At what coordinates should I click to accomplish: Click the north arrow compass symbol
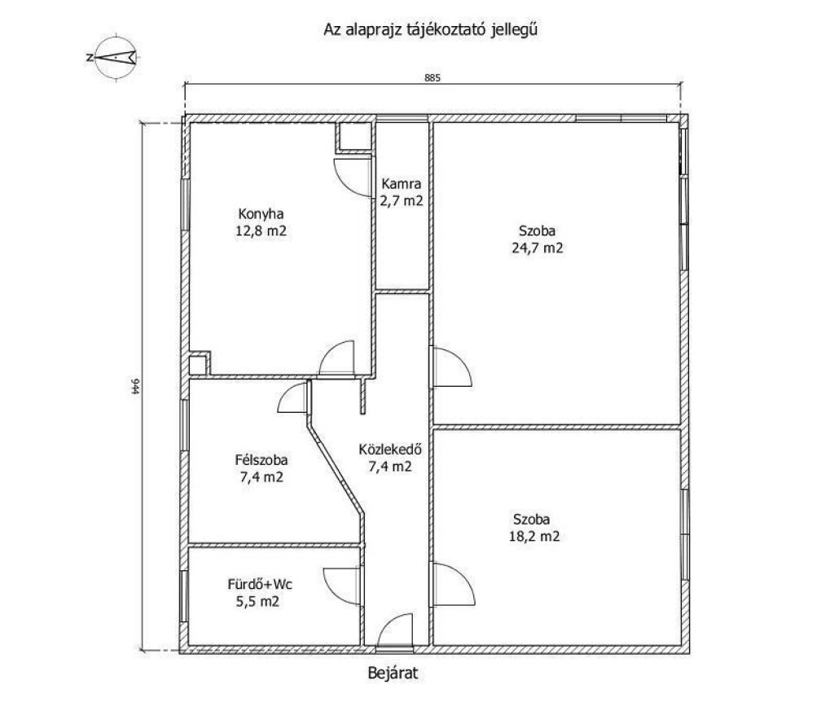pos(115,58)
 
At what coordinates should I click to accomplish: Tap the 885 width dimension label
pos(432,78)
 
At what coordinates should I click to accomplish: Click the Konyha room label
pos(261,214)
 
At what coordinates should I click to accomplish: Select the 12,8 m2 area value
pos(261,231)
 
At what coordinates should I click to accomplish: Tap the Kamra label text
pos(402,184)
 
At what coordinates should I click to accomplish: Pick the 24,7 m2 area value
pos(538,248)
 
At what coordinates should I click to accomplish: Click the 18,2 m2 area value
pos(534,537)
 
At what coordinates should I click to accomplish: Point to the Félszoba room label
pos(261,460)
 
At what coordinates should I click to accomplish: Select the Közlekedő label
pos(390,450)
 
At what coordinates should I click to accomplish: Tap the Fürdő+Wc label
pos(260,585)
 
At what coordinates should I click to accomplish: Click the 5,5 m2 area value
pos(258,602)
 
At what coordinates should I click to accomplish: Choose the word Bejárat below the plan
pos(393,674)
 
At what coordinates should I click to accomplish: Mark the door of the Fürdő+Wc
pos(342,586)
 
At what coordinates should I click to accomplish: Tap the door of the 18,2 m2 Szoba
pos(454,584)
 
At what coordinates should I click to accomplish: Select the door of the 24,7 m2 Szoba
pos(452,366)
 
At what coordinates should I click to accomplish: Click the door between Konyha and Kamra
pos(353,178)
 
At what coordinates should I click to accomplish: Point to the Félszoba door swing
pos(292,397)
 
